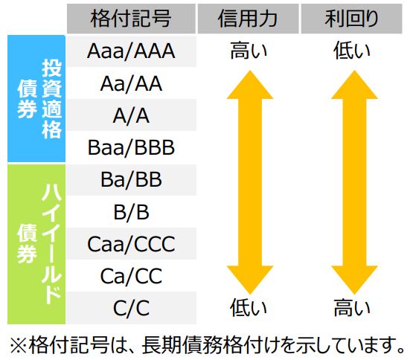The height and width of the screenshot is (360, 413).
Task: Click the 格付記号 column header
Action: coord(131,19)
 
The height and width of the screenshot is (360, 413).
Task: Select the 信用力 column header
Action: coord(248,19)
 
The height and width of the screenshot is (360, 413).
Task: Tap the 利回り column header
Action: coord(352,19)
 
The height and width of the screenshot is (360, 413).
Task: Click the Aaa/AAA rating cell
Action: coord(131,51)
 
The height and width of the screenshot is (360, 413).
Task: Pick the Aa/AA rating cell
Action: coord(131,83)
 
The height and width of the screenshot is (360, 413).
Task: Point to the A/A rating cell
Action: coord(131,115)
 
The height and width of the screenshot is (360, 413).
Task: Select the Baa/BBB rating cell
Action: coord(131,147)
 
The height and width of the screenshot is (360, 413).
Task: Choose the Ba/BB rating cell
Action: coord(131,179)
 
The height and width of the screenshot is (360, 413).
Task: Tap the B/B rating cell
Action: coord(131,212)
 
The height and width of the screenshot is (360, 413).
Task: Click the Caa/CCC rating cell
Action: coord(131,244)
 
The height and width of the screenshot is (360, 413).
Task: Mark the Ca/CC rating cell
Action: coord(131,276)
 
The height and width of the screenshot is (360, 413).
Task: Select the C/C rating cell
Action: coord(131,308)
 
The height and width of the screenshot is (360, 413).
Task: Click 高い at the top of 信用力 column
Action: coord(249,51)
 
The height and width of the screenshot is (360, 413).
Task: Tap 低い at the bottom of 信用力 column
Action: coord(249,308)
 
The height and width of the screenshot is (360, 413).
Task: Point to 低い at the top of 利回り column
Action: coord(352,51)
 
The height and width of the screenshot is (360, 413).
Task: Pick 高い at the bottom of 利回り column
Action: coord(352,308)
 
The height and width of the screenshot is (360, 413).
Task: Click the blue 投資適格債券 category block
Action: coord(36,99)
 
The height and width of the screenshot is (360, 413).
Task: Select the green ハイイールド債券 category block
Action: coord(36,244)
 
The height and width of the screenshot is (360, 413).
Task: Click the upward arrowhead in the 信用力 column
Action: coord(250,85)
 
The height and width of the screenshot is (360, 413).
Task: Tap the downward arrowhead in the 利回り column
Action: coord(354,280)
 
